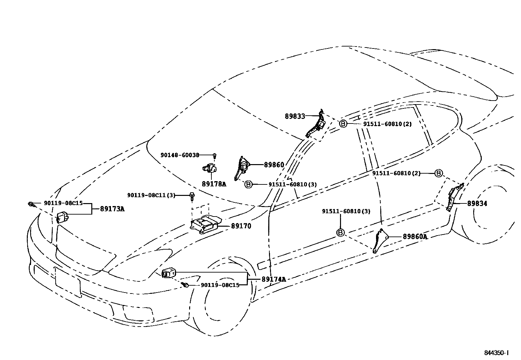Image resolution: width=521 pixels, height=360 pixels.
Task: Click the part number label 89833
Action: tap(295, 116)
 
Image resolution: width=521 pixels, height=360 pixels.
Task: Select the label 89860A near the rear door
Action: tap(415, 237)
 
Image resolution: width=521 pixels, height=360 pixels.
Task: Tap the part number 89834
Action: tap(477, 203)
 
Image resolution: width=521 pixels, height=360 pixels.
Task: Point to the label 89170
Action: tap(241, 226)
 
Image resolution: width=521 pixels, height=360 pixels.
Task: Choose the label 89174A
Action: tap(274, 279)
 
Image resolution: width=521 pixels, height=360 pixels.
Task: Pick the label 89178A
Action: tap(214, 184)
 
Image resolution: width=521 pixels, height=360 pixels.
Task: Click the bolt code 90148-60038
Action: tap(180, 155)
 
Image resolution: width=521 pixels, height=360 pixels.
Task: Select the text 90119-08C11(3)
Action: tap(151, 196)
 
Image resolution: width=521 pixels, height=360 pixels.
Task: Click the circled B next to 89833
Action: tap(343, 124)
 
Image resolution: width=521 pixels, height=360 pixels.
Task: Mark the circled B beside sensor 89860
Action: tap(248, 184)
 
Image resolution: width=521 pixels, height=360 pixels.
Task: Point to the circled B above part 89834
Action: tap(439, 173)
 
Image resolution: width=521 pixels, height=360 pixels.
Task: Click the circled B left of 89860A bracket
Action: tap(340, 233)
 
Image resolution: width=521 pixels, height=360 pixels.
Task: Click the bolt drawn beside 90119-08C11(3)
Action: tap(191, 197)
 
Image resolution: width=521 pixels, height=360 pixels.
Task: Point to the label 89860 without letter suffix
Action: tap(274, 165)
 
